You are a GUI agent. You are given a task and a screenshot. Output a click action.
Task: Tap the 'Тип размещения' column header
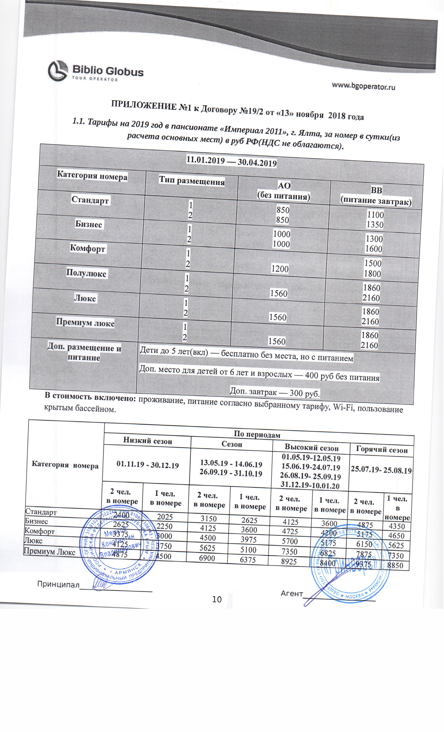[x=192, y=181]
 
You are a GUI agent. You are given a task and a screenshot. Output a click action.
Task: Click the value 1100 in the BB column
[x=375, y=214]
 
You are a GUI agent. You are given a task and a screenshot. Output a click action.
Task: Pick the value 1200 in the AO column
[x=280, y=269]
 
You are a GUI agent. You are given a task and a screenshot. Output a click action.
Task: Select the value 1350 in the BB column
[x=375, y=225]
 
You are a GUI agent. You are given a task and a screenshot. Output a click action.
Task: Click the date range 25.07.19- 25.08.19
[x=381, y=471]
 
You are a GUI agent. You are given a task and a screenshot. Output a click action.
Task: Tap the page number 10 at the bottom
[x=217, y=600]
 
